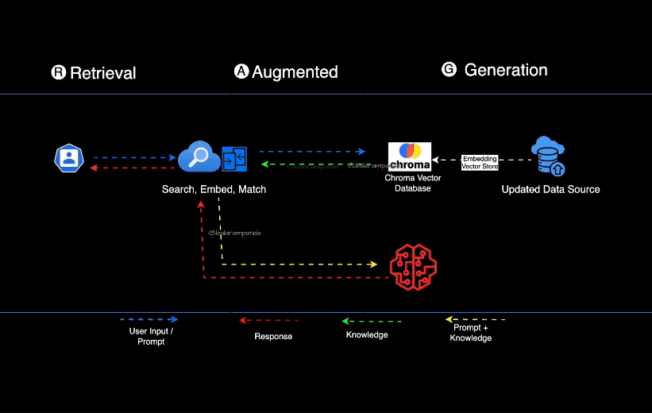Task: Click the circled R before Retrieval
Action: (x=58, y=73)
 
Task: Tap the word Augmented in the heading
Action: (x=295, y=72)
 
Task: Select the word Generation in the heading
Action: (x=506, y=70)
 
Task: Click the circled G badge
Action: (x=449, y=70)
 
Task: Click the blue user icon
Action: (x=69, y=158)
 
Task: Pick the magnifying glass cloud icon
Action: (x=198, y=156)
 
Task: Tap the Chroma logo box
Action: (x=410, y=156)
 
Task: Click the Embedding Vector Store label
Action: (x=480, y=162)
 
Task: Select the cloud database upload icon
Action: (x=549, y=156)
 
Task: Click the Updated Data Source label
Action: (x=550, y=190)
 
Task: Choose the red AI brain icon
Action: (x=413, y=267)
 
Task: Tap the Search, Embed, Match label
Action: (x=214, y=190)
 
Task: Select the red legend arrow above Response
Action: (x=268, y=320)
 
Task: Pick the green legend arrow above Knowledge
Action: (x=371, y=321)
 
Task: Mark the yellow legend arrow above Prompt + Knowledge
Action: (x=475, y=319)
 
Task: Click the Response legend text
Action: (x=273, y=337)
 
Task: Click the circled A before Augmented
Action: (x=241, y=71)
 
